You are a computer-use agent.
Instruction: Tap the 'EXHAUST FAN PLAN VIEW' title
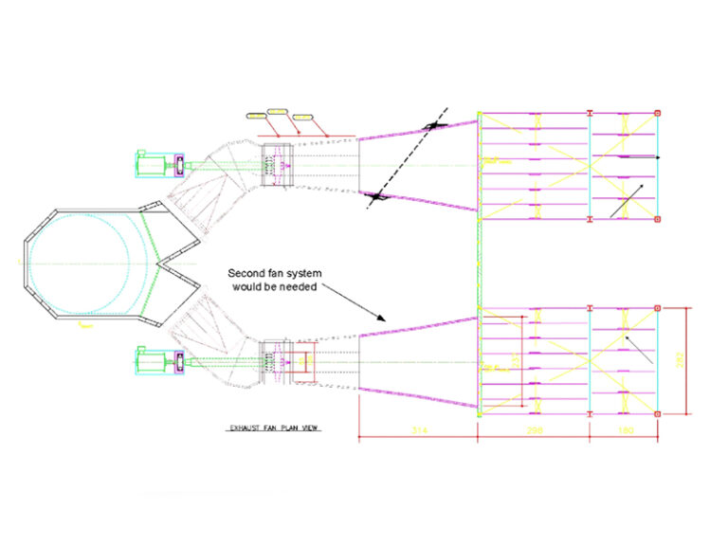[274, 428]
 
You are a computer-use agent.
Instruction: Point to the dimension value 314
[418, 431]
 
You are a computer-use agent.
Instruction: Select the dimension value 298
[534, 431]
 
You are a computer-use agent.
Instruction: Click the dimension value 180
[624, 431]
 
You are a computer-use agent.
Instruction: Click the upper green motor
[151, 163]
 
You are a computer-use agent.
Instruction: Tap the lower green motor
[151, 359]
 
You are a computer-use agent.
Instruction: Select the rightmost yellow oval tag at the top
[302, 118]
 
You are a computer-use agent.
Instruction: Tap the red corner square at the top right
[659, 114]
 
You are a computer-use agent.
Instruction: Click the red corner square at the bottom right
[659, 413]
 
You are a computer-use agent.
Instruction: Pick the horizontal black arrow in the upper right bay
[642, 157]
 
